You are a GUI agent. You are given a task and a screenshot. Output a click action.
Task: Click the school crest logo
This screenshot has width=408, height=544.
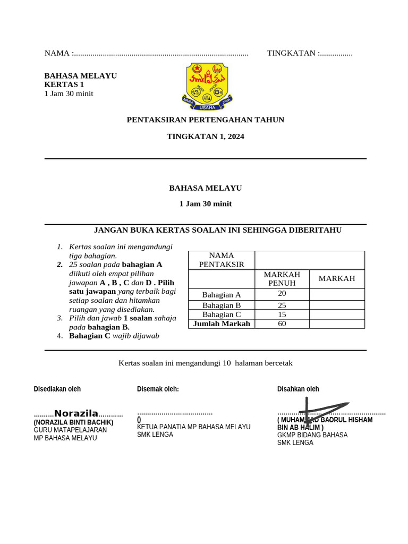205,86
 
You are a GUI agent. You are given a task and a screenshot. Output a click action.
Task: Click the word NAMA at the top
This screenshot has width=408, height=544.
57,53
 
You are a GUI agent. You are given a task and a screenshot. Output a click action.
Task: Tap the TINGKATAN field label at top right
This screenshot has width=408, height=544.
291,53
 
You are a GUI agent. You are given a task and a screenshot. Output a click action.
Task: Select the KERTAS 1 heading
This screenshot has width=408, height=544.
64,84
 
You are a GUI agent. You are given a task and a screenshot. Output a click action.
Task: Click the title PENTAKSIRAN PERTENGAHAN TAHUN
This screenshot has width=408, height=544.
205,120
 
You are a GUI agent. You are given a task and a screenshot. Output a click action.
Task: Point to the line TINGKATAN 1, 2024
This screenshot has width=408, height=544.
205,137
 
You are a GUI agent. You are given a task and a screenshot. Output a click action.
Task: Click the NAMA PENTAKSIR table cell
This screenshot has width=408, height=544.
222,260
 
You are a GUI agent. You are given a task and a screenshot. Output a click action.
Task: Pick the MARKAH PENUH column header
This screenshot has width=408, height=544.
282,278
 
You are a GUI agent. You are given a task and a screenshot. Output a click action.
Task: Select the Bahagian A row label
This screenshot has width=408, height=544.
222,295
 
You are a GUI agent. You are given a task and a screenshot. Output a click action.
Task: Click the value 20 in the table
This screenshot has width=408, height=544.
282,294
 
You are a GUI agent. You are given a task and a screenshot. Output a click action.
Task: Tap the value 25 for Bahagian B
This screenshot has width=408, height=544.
282,305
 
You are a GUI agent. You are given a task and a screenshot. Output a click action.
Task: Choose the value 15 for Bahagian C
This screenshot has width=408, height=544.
282,314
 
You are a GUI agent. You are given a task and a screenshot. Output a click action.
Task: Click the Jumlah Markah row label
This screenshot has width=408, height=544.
222,324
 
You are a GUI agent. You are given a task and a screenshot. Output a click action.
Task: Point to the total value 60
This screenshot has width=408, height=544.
282,324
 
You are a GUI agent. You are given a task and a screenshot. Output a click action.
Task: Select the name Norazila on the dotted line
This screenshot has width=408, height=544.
76,413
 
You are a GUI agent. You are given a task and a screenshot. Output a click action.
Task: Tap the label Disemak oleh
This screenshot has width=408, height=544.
158,389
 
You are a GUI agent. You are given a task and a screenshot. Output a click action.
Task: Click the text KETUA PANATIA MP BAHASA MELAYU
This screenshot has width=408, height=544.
193,427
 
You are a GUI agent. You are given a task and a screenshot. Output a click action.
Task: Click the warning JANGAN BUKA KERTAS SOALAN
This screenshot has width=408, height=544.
217,230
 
